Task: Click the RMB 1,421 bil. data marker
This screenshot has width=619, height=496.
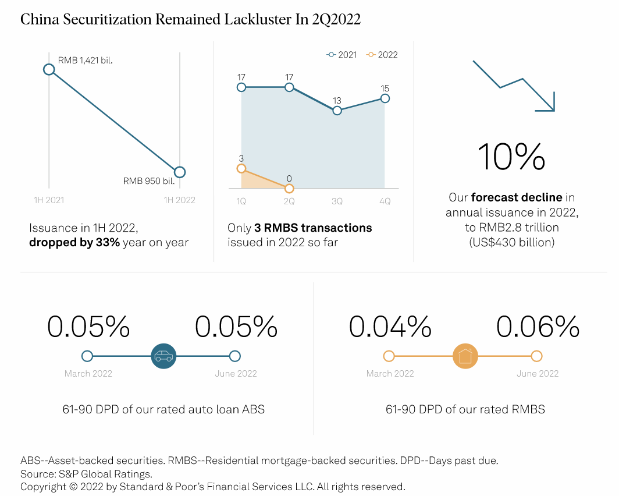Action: click(x=49, y=70)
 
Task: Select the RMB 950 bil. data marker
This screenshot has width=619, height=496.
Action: click(x=180, y=172)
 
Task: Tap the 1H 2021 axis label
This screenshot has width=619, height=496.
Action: click(x=49, y=200)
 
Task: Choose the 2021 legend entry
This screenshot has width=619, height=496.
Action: click(x=342, y=55)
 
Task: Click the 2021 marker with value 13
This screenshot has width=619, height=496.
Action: click(x=337, y=111)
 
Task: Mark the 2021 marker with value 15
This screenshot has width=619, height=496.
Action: click(x=385, y=98)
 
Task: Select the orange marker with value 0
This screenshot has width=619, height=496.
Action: click(x=289, y=188)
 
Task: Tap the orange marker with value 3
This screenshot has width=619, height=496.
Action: click(x=241, y=169)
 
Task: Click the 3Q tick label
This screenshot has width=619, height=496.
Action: click(x=337, y=201)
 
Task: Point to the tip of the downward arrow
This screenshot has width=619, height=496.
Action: click(x=554, y=110)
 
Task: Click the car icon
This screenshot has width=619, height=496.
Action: click(x=163, y=356)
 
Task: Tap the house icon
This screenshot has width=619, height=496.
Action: click(x=465, y=356)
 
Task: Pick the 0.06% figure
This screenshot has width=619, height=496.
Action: click(x=538, y=327)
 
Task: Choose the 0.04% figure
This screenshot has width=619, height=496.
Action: click(x=390, y=327)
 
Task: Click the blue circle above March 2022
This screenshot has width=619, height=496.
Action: click(x=87, y=356)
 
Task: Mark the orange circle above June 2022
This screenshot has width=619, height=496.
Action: click(x=536, y=356)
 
